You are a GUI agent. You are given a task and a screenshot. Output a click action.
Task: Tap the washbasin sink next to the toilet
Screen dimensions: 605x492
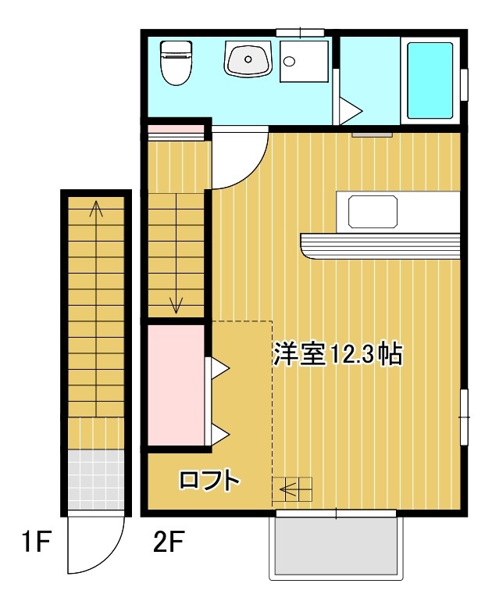[248, 59]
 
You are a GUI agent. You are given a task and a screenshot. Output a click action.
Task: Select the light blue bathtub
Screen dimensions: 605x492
[429, 80]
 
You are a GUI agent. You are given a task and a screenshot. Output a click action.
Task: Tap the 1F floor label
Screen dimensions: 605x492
[34, 542]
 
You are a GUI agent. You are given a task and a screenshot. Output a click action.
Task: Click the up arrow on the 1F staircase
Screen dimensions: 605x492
[96, 209]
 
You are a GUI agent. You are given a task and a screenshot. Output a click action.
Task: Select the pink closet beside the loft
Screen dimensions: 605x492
[176, 385]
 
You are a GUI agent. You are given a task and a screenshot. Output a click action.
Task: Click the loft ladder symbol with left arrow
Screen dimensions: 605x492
[292, 489]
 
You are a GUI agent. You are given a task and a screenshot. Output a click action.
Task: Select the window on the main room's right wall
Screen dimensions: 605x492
[463, 417]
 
